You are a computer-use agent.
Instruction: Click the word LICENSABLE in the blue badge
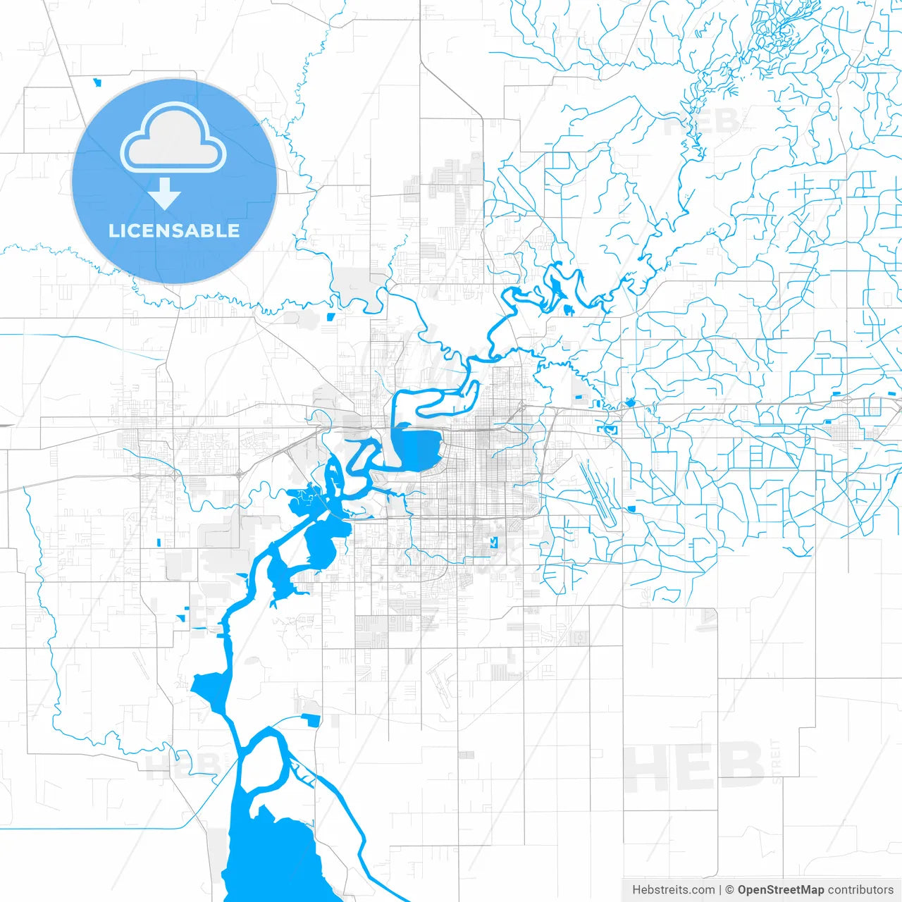click(x=174, y=231)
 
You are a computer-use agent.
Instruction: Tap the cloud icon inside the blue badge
click(x=173, y=138)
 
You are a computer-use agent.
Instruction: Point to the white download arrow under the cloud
click(x=165, y=194)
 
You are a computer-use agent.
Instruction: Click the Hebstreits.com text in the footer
click(x=673, y=890)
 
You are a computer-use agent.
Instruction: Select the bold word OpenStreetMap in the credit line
click(x=781, y=890)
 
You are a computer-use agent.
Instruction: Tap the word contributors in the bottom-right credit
click(x=860, y=890)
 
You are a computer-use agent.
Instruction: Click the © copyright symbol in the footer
click(x=730, y=890)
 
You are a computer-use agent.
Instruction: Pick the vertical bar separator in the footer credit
click(x=720, y=890)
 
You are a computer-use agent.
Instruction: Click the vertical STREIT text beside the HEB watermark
click(x=777, y=761)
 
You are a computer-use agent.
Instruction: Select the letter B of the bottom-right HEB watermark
click(x=740, y=767)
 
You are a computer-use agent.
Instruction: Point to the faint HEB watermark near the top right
click(x=701, y=121)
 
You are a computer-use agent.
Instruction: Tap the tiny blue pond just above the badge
click(x=97, y=82)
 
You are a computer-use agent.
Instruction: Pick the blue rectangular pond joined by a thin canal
click(x=310, y=719)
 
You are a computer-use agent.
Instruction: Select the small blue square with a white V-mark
click(x=494, y=542)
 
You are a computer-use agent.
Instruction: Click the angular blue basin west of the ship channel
click(x=209, y=688)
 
